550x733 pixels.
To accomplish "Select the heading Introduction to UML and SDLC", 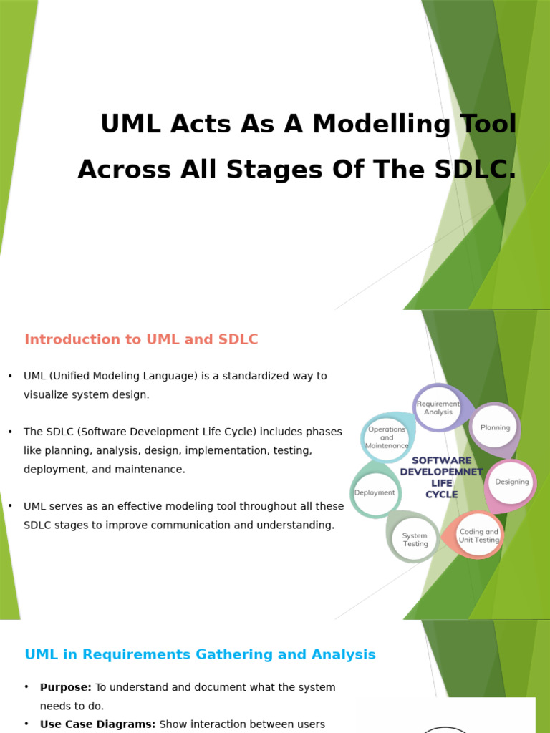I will pos(141,340).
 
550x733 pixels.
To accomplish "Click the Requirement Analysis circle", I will pos(438,408).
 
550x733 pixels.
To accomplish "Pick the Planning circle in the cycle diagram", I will pos(495,427).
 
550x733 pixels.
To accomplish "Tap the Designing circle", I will pos(511,482).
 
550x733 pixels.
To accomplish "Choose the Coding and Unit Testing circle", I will pos(478,536).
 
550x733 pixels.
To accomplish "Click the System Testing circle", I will pos(415,540).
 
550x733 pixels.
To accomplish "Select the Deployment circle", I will pos(375,492).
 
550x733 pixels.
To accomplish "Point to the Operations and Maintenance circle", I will pos(387,437).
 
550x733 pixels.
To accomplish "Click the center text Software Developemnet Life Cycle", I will pos(441,477).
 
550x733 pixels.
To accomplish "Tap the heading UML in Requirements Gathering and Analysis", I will pos(200,655).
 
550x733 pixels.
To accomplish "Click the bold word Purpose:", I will pos(66,687).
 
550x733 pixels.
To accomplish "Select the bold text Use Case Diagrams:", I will pos(97,724).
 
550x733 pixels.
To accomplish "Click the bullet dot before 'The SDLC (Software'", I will pos(10,432).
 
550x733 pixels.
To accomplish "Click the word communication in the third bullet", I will pos(213,525).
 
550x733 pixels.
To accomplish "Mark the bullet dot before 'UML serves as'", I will pos(10,507).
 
